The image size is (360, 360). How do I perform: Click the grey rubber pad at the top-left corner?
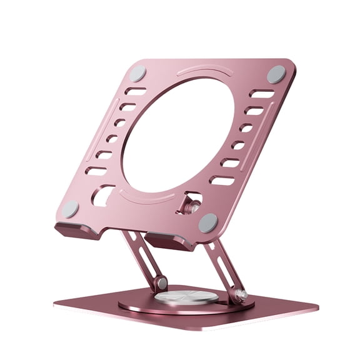coord(137,72)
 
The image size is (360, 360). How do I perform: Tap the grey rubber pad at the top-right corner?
coord(276,74)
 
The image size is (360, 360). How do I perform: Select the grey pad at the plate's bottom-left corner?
coord(70,209)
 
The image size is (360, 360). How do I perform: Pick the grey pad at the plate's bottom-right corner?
coord(207,222)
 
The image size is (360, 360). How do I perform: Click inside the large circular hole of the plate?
coord(178,135)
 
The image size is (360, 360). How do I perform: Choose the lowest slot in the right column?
coord(222,181)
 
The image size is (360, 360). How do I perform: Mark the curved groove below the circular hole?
coord(150,198)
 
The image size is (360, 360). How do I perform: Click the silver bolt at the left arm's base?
coord(162,283)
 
